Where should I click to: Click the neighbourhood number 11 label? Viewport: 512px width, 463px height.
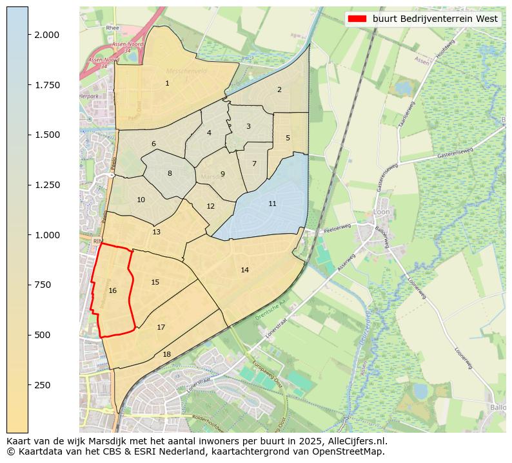tap(272, 203)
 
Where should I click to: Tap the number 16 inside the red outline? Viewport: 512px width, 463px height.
tap(113, 291)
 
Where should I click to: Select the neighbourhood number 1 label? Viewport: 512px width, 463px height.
tap(167, 83)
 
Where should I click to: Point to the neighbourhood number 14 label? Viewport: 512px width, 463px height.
tap(244, 270)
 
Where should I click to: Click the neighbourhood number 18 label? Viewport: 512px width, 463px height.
tap(166, 354)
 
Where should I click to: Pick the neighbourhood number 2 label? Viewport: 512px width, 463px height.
tap(279, 90)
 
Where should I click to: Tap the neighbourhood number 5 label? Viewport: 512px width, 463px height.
tap(288, 138)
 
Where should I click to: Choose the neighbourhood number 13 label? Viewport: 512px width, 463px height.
tap(156, 232)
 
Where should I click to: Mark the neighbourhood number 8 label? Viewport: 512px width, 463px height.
tap(170, 173)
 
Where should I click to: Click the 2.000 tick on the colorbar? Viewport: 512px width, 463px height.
tap(47, 35)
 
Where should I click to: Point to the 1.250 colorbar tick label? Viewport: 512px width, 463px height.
tap(47, 185)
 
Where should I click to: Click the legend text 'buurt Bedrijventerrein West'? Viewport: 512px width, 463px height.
tap(435, 19)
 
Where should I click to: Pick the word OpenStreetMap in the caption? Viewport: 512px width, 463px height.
tap(350, 451)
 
